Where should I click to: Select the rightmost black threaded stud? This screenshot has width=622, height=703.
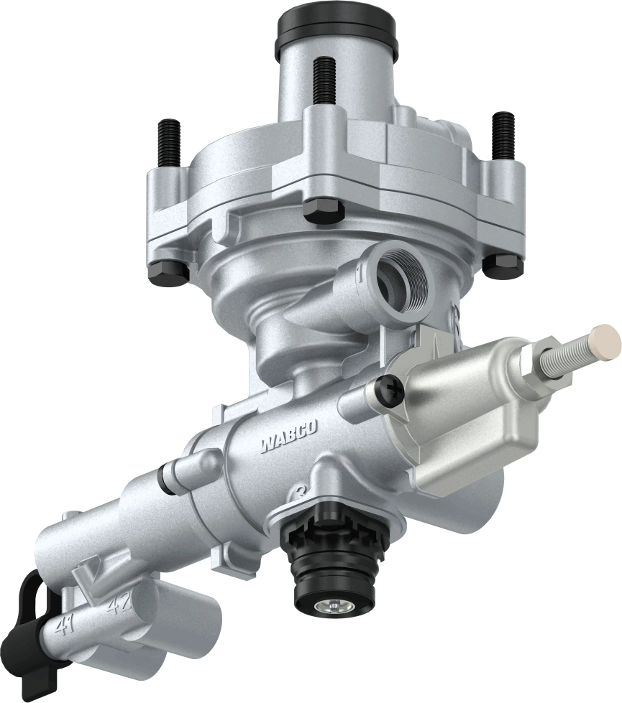[503, 136]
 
